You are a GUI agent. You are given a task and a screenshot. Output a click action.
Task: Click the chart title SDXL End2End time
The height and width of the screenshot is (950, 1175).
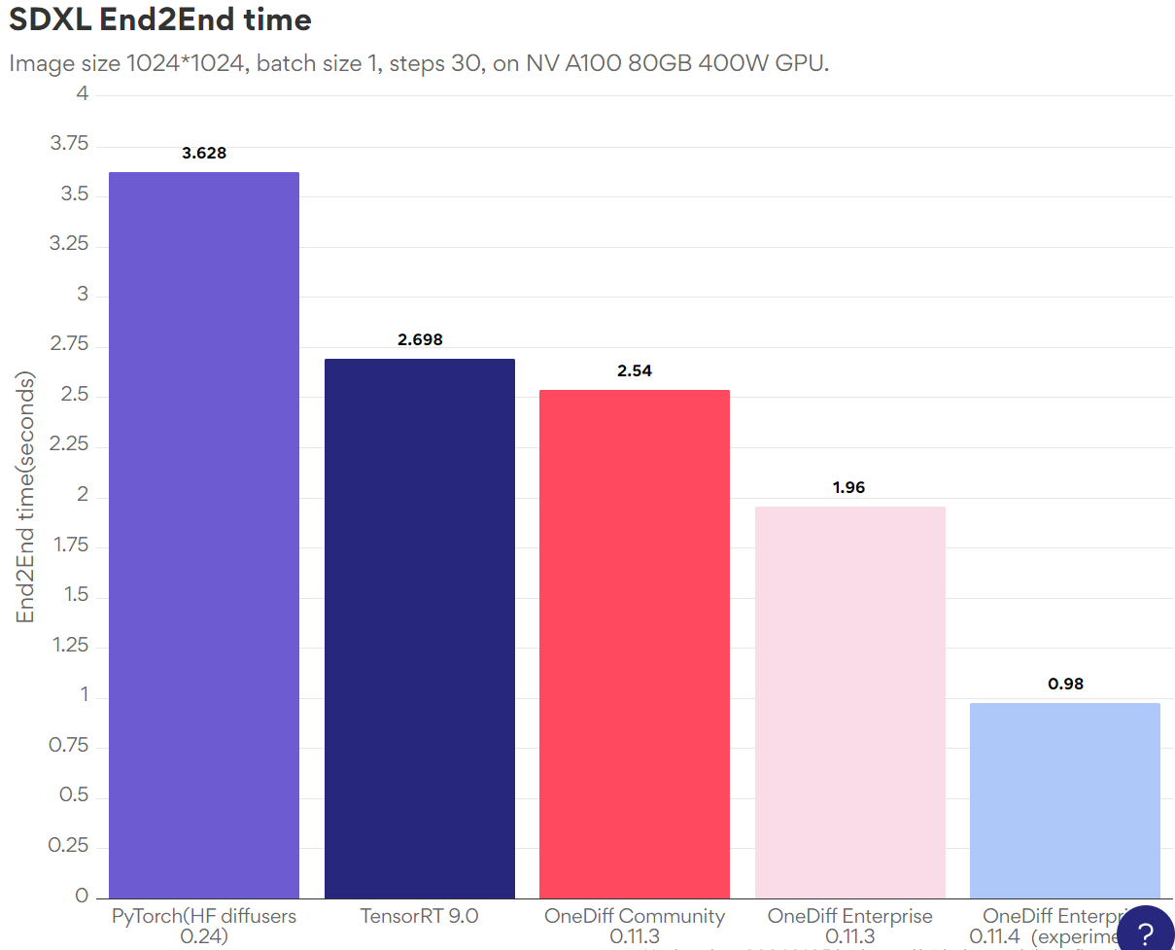pyautogui.click(x=160, y=19)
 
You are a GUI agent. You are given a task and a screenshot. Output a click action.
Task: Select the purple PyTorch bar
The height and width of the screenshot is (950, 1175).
pyautogui.click(x=204, y=535)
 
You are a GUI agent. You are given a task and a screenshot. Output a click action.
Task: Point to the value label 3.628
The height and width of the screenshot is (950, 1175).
pyautogui.click(x=204, y=153)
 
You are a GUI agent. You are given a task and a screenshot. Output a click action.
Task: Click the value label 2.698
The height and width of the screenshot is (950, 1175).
pyautogui.click(x=420, y=339)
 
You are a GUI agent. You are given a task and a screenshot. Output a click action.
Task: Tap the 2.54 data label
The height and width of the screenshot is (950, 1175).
pyautogui.click(x=635, y=370)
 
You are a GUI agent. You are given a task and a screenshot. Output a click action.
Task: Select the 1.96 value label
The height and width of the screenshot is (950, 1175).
pyautogui.click(x=848, y=487)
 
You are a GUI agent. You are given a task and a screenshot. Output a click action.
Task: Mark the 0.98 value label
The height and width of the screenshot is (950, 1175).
pyautogui.click(x=1065, y=684)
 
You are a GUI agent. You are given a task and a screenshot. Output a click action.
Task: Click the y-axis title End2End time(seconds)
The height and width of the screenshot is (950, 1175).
pyautogui.click(x=25, y=497)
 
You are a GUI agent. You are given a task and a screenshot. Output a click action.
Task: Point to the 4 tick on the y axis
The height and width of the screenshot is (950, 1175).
pyautogui.click(x=83, y=94)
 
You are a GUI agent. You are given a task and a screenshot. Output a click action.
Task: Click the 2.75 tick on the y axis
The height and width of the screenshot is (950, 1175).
pyautogui.click(x=69, y=344)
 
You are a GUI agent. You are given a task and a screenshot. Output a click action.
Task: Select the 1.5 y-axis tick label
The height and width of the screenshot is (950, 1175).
pyautogui.click(x=76, y=594)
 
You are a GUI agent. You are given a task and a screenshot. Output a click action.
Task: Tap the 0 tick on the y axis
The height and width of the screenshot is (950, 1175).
pyautogui.click(x=83, y=896)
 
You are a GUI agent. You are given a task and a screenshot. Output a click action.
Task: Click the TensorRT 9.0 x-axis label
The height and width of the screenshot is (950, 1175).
pyautogui.click(x=419, y=916)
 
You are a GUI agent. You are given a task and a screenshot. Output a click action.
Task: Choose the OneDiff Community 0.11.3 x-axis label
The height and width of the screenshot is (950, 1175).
pyautogui.click(x=635, y=926)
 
